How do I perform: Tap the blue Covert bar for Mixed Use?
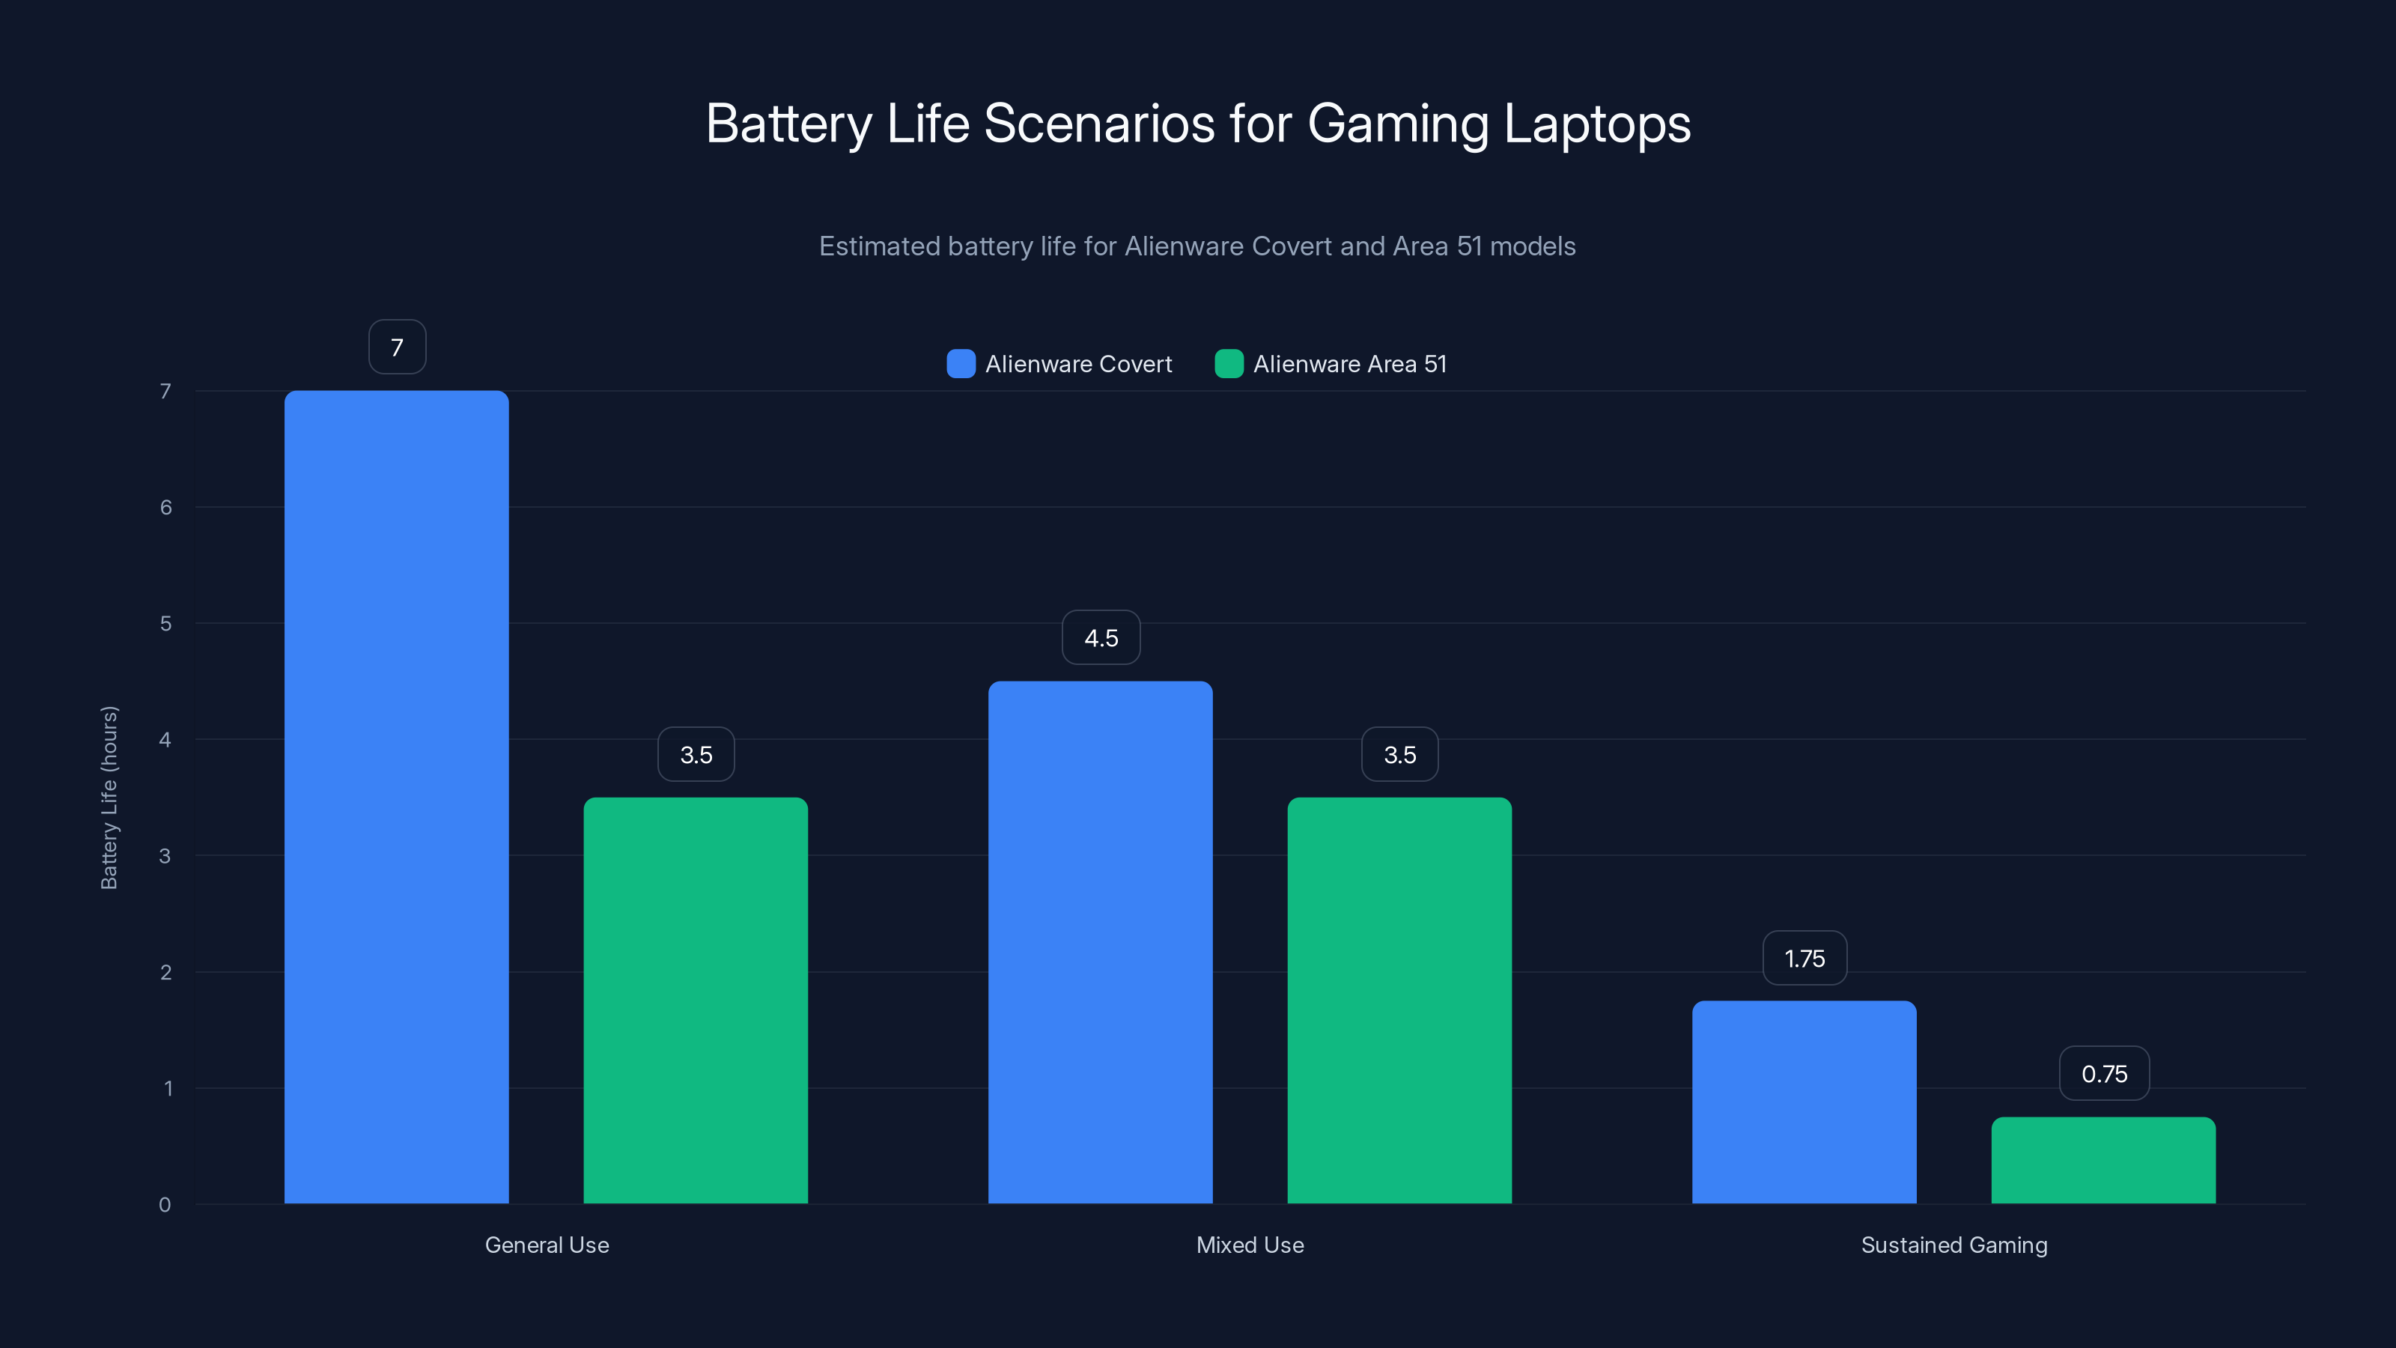click(x=1101, y=941)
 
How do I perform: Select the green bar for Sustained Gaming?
click(x=2103, y=1160)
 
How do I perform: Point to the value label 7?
click(x=397, y=347)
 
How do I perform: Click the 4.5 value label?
click(x=1101, y=638)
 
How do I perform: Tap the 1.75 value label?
click(x=1804, y=959)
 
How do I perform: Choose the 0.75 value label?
click(x=2104, y=1074)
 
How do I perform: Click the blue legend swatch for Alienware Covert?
click(x=961, y=364)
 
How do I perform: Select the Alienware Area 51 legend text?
click(x=1349, y=364)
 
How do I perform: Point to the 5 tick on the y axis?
click(x=165, y=623)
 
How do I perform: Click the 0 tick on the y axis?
click(x=165, y=1205)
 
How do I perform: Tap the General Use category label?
click(x=547, y=1245)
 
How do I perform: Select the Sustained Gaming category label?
click(x=1954, y=1245)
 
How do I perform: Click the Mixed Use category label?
click(x=1250, y=1245)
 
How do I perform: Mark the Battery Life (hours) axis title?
click(x=109, y=798)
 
